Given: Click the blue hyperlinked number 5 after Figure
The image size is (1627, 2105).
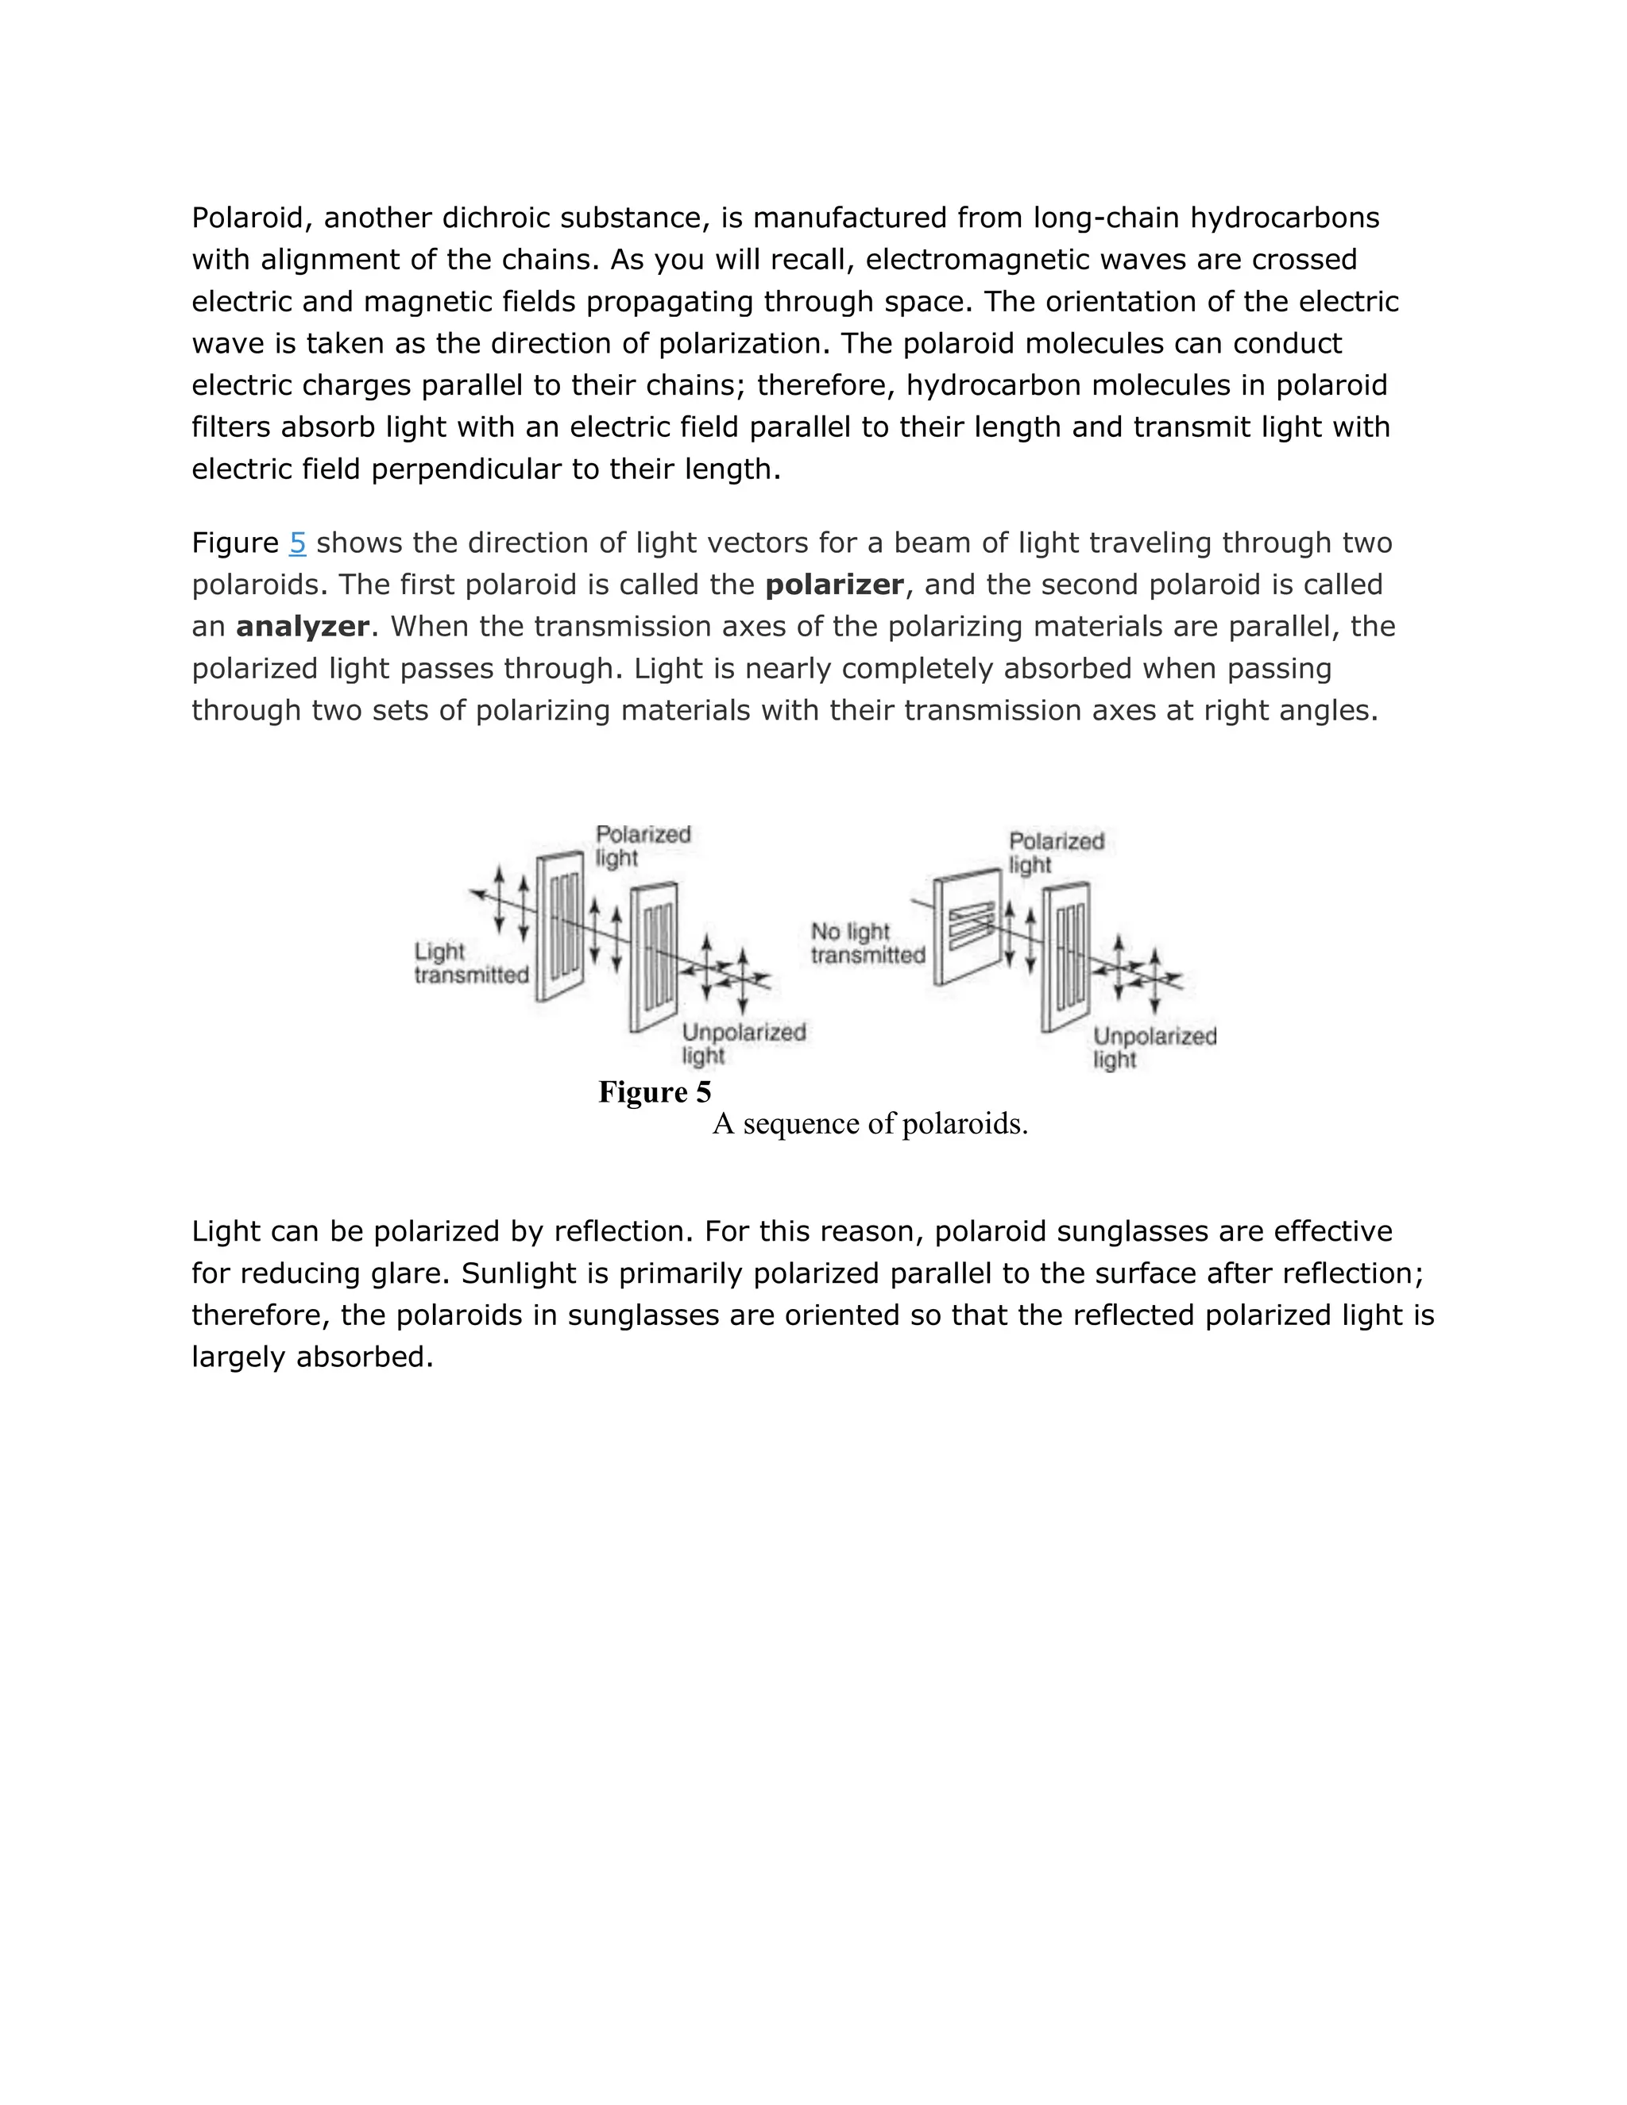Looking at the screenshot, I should [x=297, y=543].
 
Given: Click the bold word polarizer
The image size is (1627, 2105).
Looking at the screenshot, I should [x=833, y=585].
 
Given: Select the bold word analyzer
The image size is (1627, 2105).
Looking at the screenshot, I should [x=302, y=628].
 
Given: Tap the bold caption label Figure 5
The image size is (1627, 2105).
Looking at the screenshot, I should [x=655, y=1092].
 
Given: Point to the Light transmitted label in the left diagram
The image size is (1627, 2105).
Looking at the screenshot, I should [x=470, y=963].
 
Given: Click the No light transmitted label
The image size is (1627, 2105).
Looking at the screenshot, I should [x=867, y=944].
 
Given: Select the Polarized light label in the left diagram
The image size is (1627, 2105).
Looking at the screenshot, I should [x=642, y=845].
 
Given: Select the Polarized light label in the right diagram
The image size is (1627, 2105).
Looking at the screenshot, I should [x=1056, y=852].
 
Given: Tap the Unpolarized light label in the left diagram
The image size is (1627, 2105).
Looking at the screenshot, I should [x=743, y=1043].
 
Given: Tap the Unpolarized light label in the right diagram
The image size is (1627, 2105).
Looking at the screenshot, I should [x=1154, y=1047].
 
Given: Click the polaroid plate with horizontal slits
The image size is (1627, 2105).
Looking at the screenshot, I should [x=968, y=925].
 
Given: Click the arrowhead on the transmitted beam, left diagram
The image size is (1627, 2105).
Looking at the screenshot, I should [x=475, y=894].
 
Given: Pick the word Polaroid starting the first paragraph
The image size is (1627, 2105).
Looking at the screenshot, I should [x=252, y=218].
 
